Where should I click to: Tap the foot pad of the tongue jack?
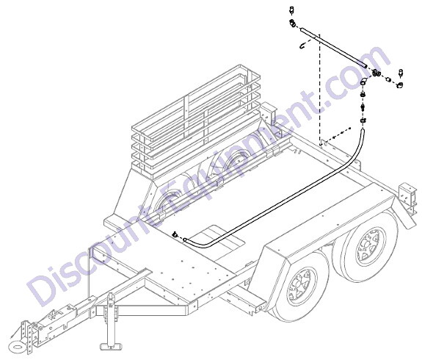pos(111,345)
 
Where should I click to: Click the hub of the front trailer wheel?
pos(299,287)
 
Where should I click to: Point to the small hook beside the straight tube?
pos(303,46)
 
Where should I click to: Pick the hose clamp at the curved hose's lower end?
pos(175,234)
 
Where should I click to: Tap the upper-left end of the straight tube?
pos(302,29)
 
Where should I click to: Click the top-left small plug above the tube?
pos(291,10)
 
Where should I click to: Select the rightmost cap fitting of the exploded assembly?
pos(399,84)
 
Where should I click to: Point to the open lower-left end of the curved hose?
pos(185,240)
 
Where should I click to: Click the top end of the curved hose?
pos(363,131)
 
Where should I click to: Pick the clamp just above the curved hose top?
pos(363,120)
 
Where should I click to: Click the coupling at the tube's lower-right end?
pos(376,73)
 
